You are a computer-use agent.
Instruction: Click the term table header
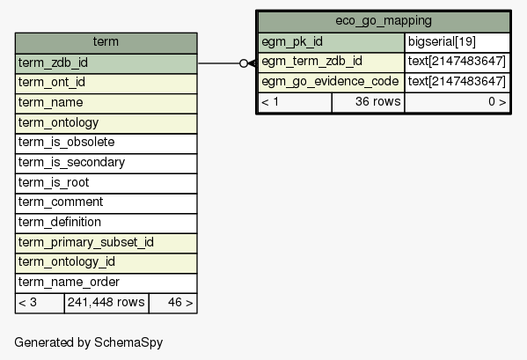point(106,43)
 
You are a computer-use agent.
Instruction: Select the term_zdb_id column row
point(106,63)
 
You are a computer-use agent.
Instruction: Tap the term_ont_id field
point(106,84)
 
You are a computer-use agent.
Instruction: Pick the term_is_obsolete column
point(106,143)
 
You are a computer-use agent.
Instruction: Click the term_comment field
point(106,203)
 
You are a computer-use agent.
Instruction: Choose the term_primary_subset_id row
point(106,243)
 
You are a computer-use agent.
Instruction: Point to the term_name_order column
point(106,283)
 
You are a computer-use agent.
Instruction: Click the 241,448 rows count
point(106,303)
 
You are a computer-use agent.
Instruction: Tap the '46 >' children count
point(173,303)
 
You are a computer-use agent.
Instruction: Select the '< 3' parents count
point(40,303)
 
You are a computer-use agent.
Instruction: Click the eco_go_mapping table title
point(384,21)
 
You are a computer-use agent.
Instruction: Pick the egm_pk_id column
point(331,42)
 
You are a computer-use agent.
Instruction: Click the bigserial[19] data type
point(457,42)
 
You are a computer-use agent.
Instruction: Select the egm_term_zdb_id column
point(331,62)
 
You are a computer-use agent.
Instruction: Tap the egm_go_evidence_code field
point(331,82)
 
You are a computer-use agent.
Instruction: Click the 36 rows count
point(369,102)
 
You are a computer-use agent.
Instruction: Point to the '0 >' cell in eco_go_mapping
point(457,102)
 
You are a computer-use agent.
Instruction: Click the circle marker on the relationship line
point(244,63)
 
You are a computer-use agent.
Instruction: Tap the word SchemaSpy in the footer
point(128,343)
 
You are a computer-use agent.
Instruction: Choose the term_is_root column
point(106,183)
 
